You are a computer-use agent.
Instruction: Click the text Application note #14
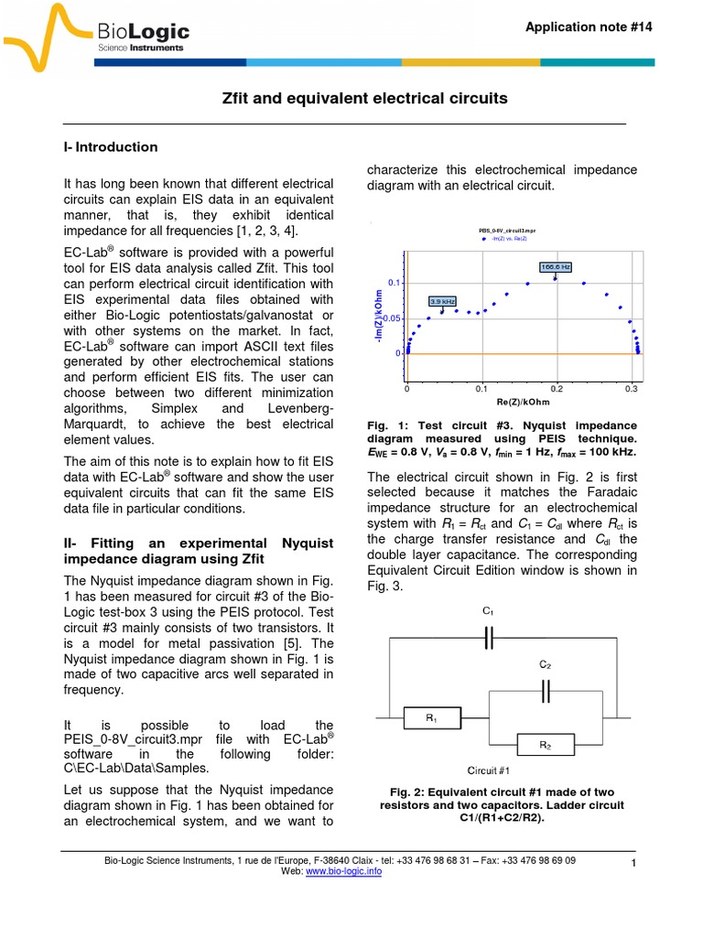tap(589, 27)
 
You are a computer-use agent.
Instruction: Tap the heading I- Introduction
tap(110, 147)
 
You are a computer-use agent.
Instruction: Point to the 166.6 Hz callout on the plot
tap(555, 267)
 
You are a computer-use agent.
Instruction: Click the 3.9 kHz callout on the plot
tap(442, 300)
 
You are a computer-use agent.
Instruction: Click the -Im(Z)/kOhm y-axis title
tap(378, 318)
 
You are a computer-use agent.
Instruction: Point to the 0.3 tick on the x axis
tap(631, 389)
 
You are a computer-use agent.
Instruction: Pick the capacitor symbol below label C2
tap(546, 693)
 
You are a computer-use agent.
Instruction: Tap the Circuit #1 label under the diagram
tap(487, 771)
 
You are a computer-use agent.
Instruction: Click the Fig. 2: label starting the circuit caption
tap(409, 792)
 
